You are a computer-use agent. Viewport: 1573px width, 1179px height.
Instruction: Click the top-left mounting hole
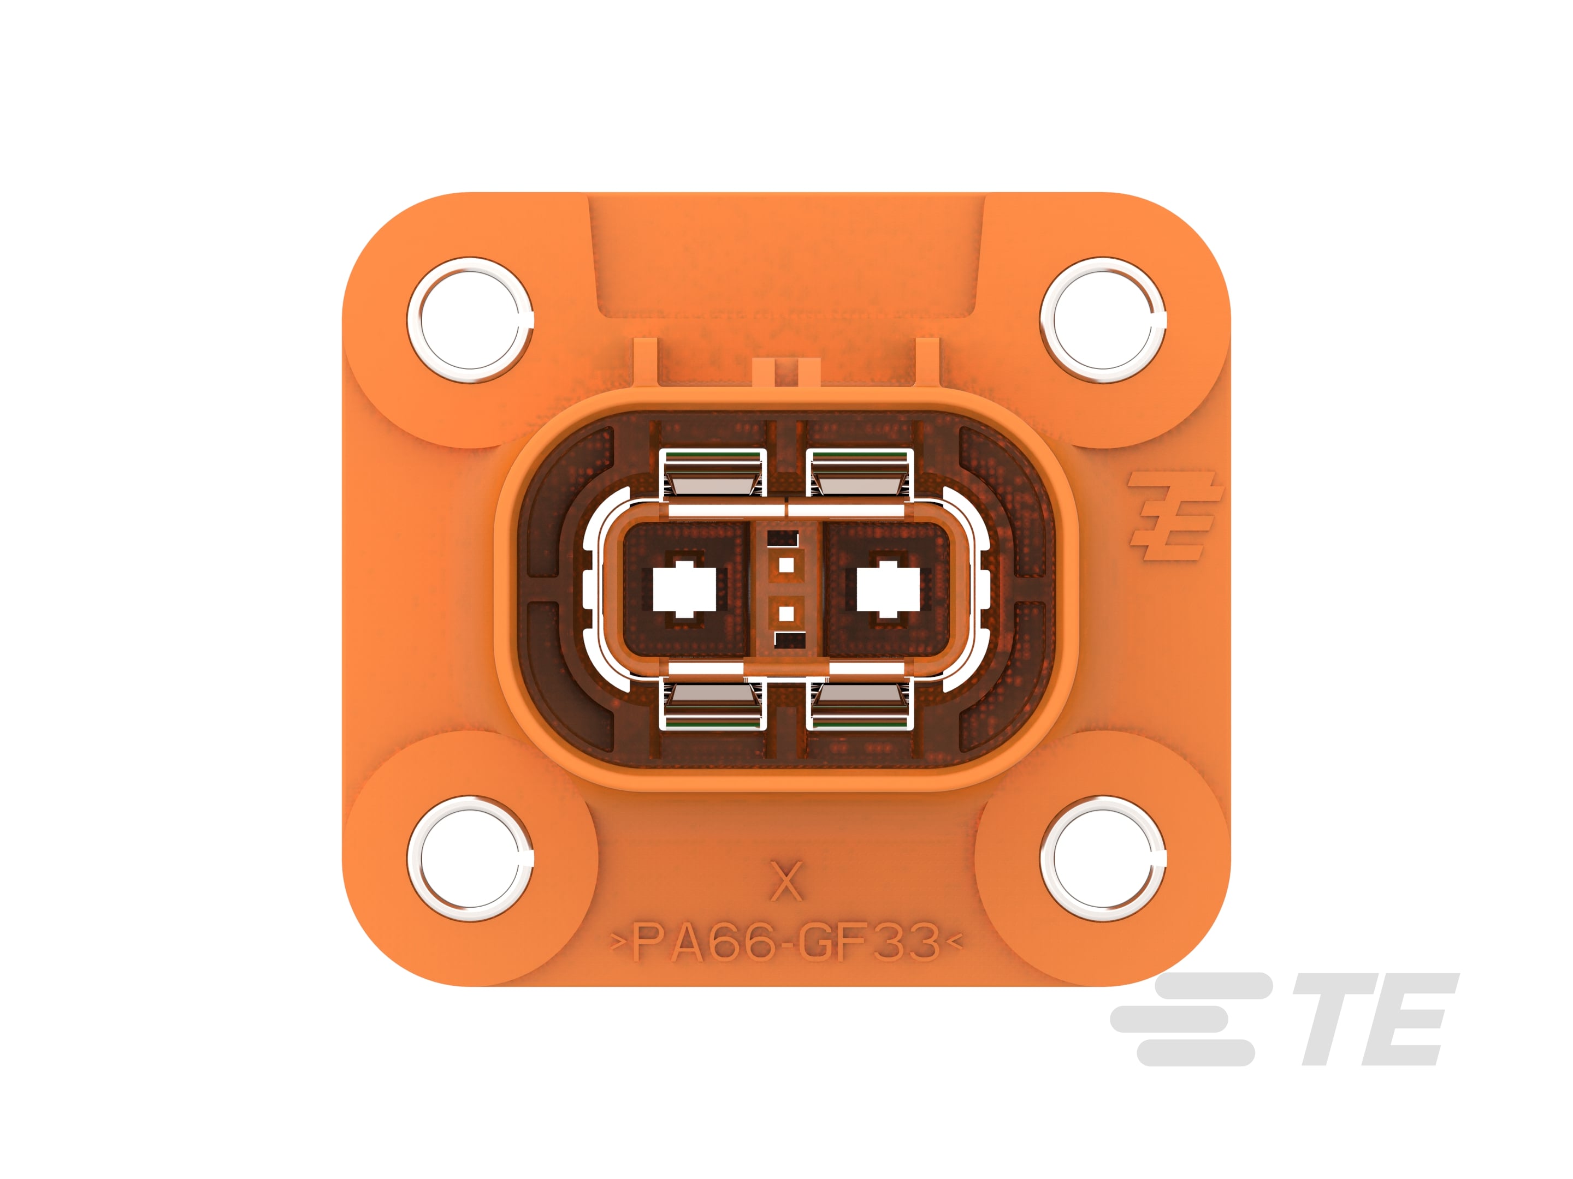(x=470, y=320)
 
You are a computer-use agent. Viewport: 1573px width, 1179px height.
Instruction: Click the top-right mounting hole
(x=1102, y=320)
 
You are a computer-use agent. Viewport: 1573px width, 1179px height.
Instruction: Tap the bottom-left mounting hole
(x=470, y=859)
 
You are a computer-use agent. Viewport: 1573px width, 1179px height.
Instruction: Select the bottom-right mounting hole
(x=1102, y=859)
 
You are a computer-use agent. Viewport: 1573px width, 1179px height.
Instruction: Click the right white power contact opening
(x=888, y=589)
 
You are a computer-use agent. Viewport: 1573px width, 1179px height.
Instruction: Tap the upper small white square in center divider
(x=786, y=565)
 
